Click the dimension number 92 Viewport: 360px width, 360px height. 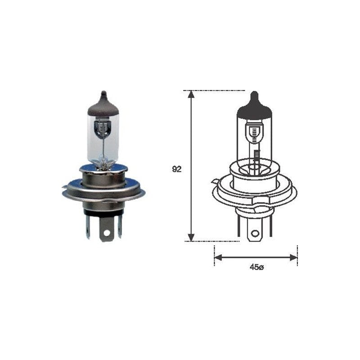click(x=176, y=169)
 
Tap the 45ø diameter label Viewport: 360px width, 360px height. click(x=256, y=267)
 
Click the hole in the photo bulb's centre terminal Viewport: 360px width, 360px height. click(x=107, y=233)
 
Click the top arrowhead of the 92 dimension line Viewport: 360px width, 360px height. click(x=191, y=94)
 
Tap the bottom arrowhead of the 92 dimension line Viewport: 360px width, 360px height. click(x=191, y=238)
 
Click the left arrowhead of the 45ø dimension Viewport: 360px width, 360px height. click(x=218, y=257)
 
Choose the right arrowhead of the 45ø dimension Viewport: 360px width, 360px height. click(x=294, y=257)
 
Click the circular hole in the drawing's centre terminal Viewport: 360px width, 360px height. click(x=254, y=234)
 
